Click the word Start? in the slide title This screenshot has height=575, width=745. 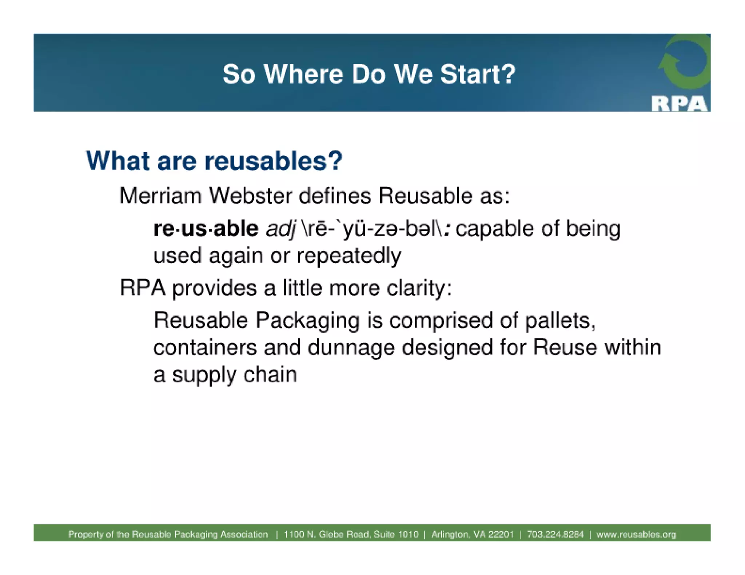click(478, 74)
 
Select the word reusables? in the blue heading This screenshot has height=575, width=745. click(273, 161)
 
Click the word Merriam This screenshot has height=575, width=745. click(160, 196)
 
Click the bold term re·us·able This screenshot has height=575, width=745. click(206, 228)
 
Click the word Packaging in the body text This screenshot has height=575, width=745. click(307, 321)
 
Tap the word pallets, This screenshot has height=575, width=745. click(559, 321)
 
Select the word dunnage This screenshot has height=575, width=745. click(351, 348)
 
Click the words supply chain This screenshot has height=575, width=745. click(235, 375)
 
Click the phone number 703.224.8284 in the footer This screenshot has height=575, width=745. click(555, 534)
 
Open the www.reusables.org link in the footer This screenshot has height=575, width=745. click(636, 534)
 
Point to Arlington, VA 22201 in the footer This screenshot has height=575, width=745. click(472, 534)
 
